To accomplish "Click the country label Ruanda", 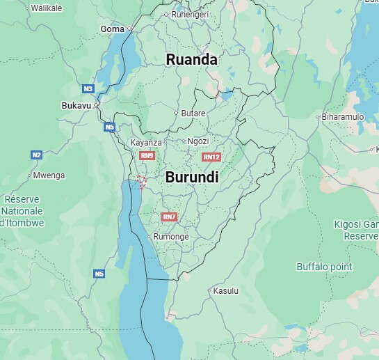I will (x=191, y=60).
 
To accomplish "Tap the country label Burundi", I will (x=192, y=178).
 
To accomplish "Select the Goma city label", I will (x=112, y=29).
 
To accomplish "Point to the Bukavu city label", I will (x=76, y=105).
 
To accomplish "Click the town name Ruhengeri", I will (x=190, y=14).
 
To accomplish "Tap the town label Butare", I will (x=193, y=114).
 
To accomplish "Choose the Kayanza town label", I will (x=146, y=143).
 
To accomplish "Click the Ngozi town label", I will (x=198, y=141).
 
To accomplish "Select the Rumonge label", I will (x=170, y=237).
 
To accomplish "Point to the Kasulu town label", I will (x=225, y=290).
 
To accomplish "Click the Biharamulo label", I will (x=343, y=117).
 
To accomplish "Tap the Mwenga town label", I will (x=49, y=175).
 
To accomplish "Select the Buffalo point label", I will (x=324, y=267).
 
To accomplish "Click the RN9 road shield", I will (x=147, y=156).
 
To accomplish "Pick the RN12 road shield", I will (x=212, y=157).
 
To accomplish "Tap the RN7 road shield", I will (x=170, y=217).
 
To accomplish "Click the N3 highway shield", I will (x=88, y=89).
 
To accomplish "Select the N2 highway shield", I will (x=37, y=155).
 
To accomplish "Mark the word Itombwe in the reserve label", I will (x=24, y=223).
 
